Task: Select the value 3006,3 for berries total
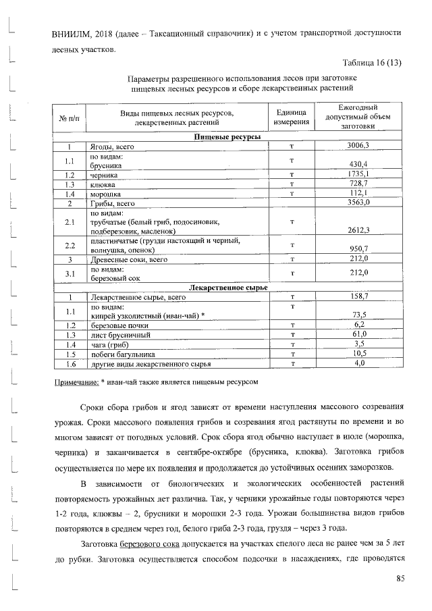point(358,146)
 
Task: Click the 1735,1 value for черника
point(358,174)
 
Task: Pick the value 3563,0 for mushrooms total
point(358,203)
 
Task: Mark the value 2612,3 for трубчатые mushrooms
point(358,230)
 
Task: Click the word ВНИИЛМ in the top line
point(71,32)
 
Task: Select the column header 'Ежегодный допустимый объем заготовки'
point(358,117)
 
